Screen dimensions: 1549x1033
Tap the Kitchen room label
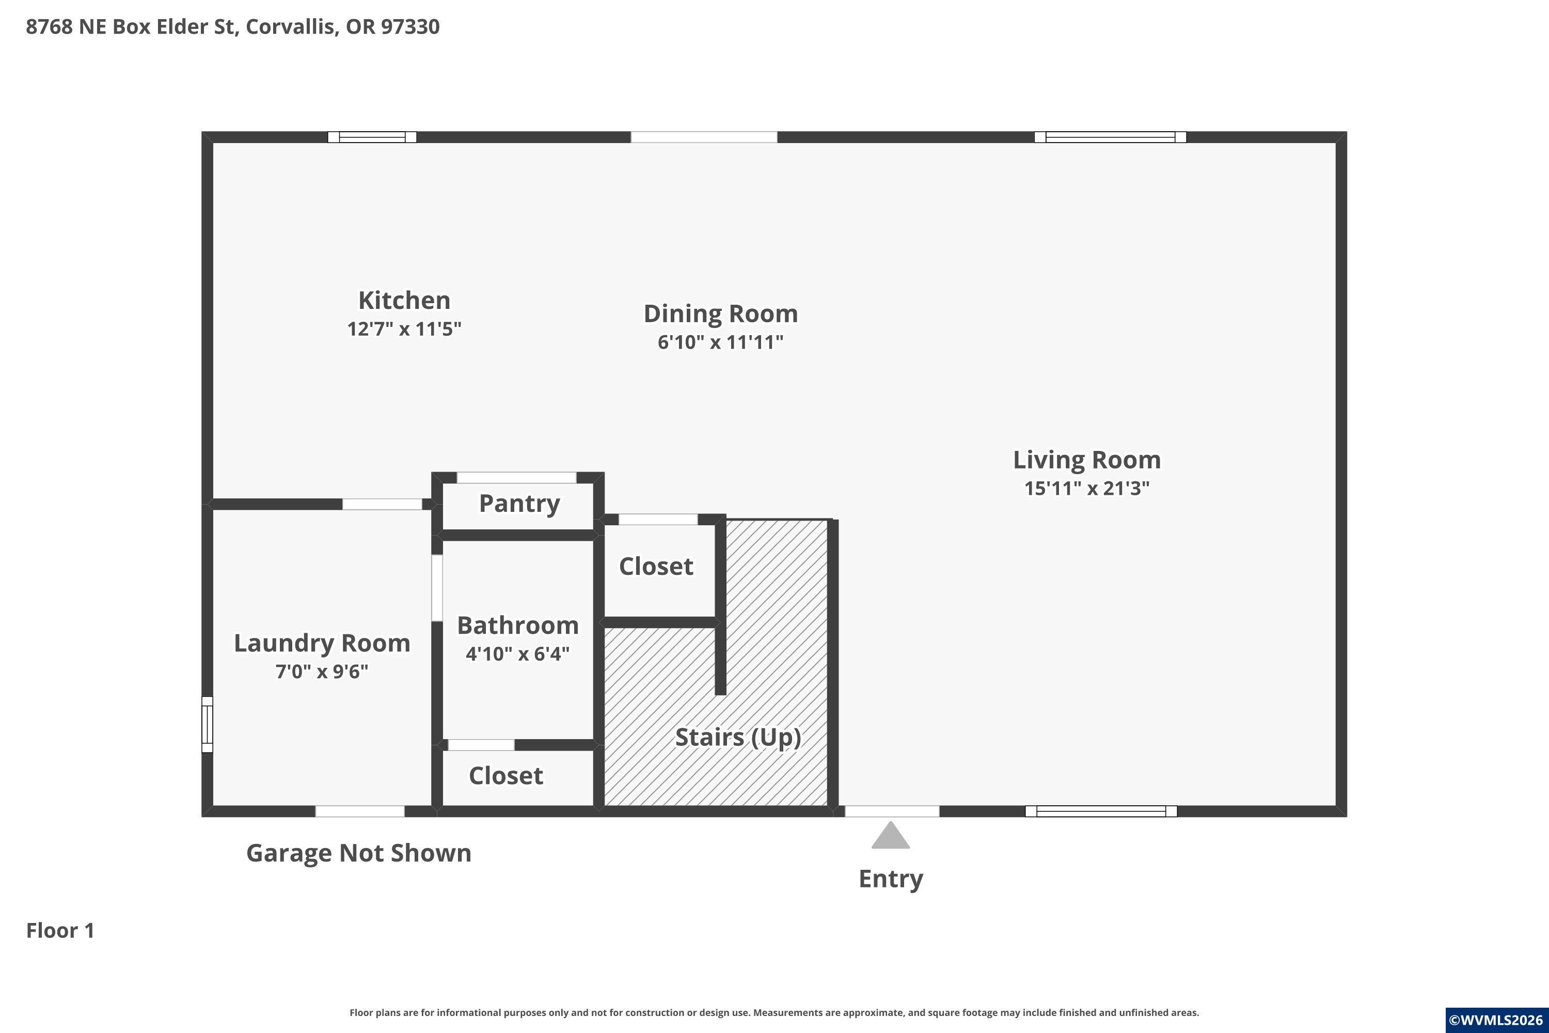point(404,301)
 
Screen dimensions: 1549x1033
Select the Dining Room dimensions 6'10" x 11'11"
point(720,342)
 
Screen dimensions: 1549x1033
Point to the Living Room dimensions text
point(1087,488)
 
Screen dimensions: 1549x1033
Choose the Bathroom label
point(518,625)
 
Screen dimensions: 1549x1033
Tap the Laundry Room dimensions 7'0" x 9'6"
point(322,671)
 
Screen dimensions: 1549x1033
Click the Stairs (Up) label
point(738,737)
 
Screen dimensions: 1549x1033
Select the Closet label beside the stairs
point(656,567)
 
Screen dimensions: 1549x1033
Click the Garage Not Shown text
point(359,853)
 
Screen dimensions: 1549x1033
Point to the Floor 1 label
point(60,930)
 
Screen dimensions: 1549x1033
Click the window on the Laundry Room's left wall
point(207,724)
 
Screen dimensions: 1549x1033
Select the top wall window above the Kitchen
point(372,137)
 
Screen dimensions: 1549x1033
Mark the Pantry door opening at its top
point(516,478)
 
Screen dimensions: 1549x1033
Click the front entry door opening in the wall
point(892,811)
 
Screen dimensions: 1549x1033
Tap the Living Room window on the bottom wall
point(1101,811)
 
